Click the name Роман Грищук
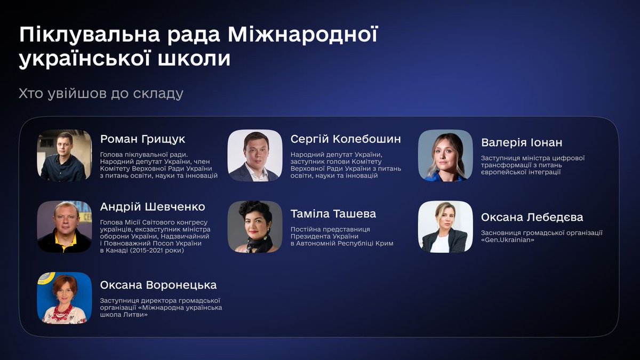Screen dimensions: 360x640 point(142,139)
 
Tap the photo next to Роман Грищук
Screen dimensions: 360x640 point(64,155)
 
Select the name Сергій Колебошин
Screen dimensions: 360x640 point(346,139)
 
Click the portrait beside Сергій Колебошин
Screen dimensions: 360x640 point(254,155)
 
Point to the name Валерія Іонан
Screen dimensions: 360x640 point(521,143)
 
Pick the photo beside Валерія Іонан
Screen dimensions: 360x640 point(445,155)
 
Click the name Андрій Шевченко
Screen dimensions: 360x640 point(153,207)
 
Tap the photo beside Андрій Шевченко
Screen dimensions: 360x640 point(64,227)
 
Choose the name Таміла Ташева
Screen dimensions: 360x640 point(333,214)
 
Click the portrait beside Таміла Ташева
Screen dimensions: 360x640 point(254,227)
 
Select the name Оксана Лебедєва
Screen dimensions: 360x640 point(532,218)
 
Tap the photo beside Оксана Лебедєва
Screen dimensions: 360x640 point(445,227)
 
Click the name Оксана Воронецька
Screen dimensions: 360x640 point(158,285)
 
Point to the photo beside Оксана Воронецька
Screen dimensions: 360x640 point(64,298)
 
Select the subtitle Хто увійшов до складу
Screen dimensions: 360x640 point(101,94)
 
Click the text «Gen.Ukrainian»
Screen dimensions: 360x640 point(508,241)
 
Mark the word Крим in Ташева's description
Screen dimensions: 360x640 point(383,244)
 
